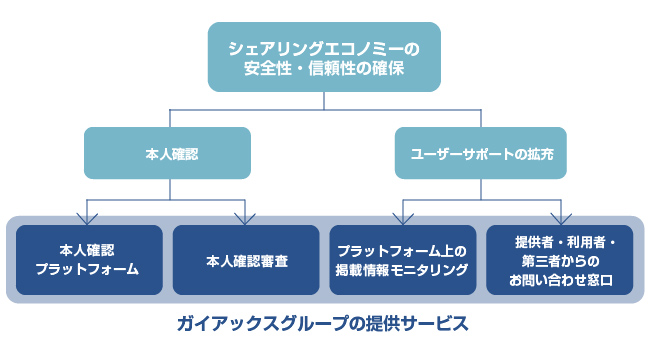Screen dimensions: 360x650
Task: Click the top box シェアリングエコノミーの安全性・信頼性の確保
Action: (x=324, y=57)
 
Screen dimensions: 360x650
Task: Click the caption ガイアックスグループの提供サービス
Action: (x=324, y=324)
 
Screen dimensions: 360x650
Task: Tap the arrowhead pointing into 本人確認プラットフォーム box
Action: (x=88, y=217)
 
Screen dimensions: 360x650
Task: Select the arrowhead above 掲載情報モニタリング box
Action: (x=402, y=217)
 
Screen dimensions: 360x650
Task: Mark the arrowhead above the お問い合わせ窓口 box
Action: (x=559, y=217)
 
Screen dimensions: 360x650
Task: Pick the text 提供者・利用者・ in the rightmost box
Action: (x=559, y=242)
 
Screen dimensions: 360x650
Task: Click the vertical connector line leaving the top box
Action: (x=324, y=99)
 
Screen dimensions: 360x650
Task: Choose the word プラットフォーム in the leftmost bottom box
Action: (x=88, y=270)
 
